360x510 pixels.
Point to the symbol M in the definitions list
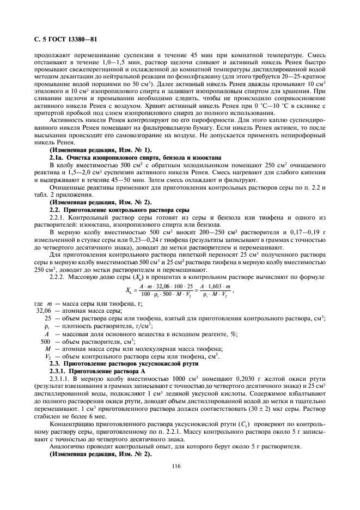point(48,348)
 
